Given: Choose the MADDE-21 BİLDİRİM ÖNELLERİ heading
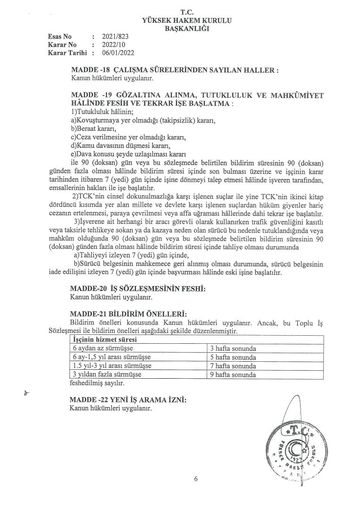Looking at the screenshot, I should click(x=128, y=314).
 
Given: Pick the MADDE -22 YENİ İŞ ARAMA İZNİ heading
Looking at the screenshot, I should click(x=128, y=400).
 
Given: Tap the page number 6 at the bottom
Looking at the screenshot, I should click(x=195, y=480).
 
